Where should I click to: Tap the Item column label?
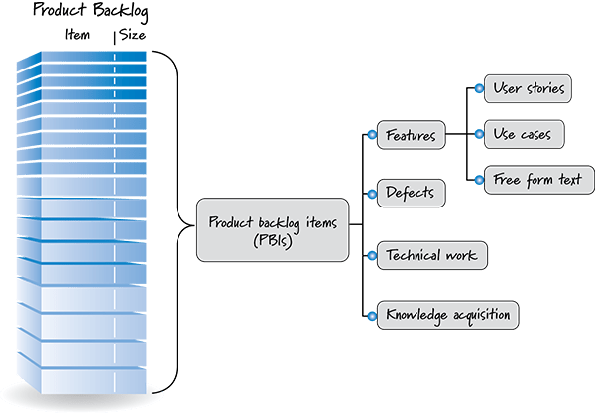point(76,37)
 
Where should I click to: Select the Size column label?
point(133,37)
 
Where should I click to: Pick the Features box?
point(409,135)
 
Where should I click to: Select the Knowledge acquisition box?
point(445,316)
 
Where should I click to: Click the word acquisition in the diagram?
point(480,316)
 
